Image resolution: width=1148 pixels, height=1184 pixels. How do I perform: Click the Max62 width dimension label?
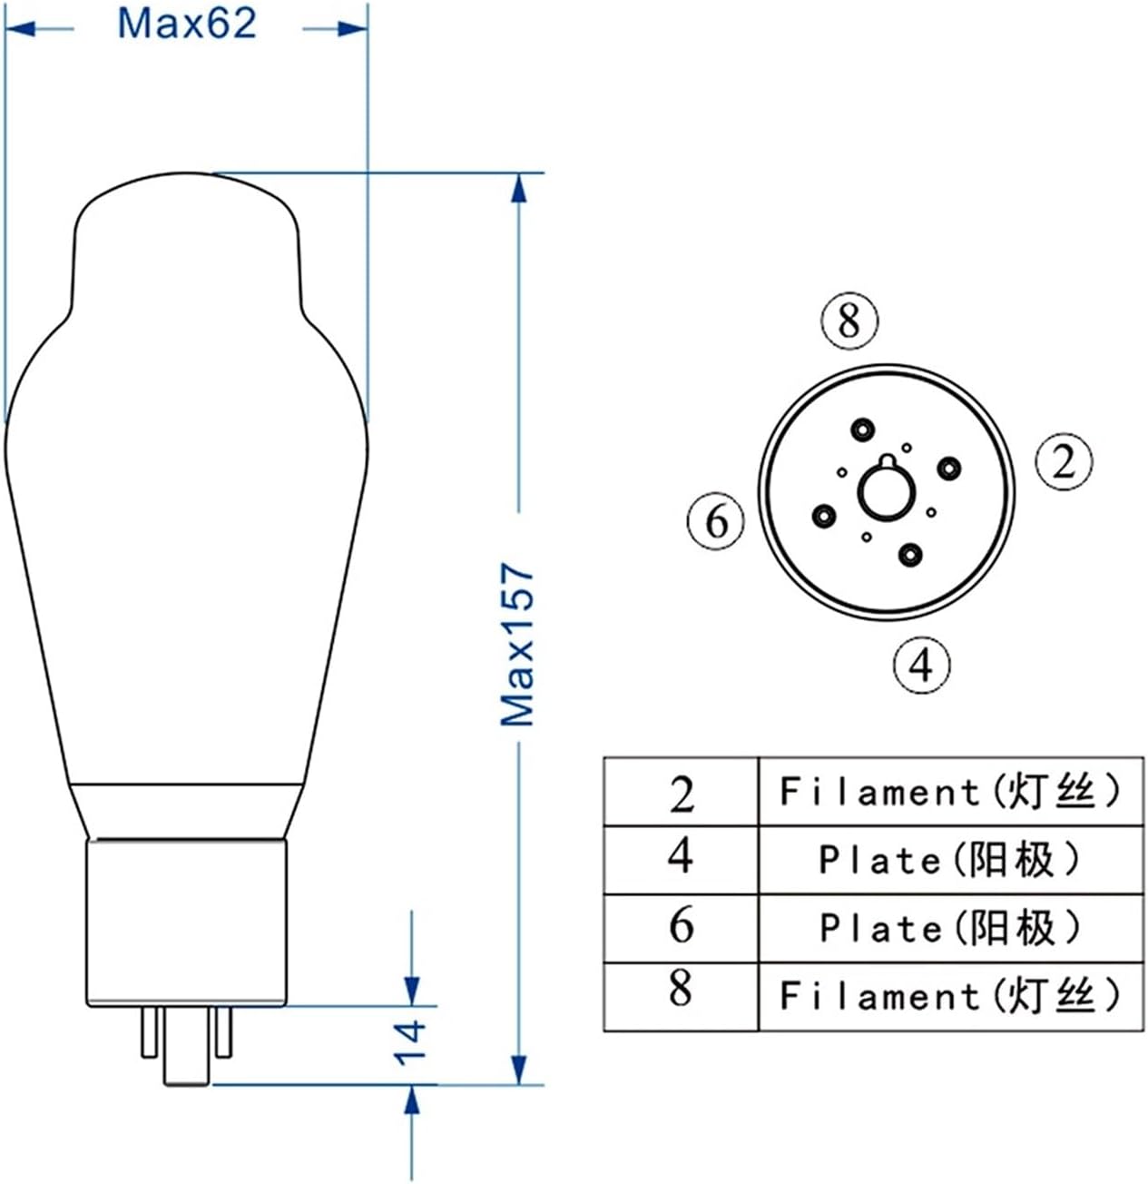click(x=187, y=24)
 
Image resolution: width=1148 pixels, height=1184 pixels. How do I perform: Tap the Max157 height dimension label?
click(x=518, y=644)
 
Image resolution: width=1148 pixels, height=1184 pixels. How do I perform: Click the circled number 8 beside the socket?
click(x=849, y=321)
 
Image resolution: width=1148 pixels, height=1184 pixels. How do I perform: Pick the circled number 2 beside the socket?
click(x=1064, y=461)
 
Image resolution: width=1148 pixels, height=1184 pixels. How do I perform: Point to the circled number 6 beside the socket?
click(x=716, y=521)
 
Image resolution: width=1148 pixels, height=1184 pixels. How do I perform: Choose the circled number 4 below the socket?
click(x=921, y=665)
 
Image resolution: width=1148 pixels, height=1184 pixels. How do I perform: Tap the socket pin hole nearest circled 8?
click(x=860, y=429)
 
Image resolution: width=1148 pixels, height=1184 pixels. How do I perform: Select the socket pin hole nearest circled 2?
click(x=949, y=468)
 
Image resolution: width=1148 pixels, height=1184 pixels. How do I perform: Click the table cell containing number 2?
click(x=681, y=793)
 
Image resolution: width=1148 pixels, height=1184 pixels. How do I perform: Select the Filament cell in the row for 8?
click(x=949, y=996)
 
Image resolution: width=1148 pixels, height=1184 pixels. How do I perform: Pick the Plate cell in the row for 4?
click(x=949, y=860)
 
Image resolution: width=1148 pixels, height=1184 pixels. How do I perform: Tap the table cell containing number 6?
click(x=681, y=928)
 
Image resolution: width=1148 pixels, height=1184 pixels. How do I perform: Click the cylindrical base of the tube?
click(x=187, y=922)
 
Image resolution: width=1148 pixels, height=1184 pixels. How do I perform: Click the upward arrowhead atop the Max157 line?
click(x=518, y=189)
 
